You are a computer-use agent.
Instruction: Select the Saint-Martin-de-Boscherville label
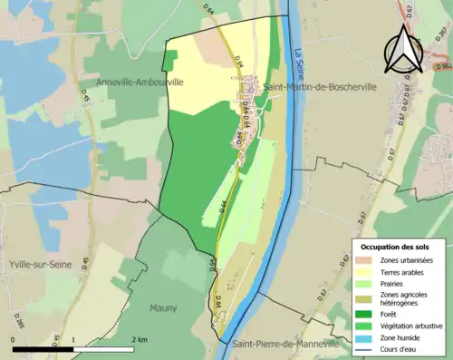point(314,86)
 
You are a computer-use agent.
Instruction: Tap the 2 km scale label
point(135,338)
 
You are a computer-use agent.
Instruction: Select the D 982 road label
point(442,66)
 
